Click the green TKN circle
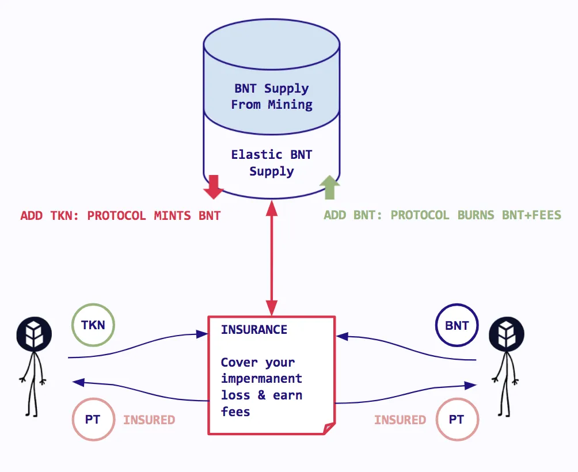(93, 325)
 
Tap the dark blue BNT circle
(457, 325)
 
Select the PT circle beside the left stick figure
(93, 420)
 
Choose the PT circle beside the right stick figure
(457, 420)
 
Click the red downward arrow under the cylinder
(214, 187)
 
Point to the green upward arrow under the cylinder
(330, 187)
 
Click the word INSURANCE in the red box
(254, 330)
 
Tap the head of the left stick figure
(35, 333)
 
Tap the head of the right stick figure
(507, 333)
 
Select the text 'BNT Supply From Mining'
(272, 97)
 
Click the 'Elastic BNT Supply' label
(272, 163)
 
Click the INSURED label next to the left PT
(149, 420)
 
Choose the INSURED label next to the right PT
(400, 420)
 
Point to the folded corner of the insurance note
(329, 428)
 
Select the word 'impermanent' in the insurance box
(261, 379)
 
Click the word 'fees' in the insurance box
(235, 412)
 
